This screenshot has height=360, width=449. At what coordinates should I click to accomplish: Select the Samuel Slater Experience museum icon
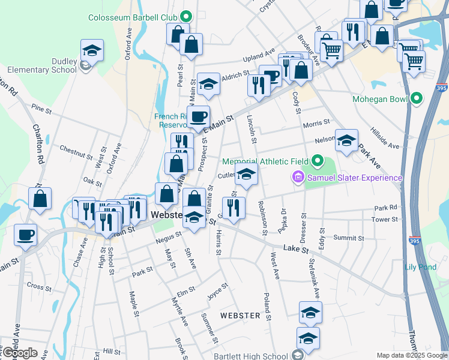pos(297,178)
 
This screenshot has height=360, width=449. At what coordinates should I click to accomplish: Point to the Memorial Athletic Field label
pos(265,161)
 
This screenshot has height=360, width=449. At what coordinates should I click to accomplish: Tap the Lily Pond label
pos(420,267)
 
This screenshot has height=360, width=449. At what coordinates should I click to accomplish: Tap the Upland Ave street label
pos(258,59)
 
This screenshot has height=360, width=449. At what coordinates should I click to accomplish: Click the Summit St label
pos(349,238)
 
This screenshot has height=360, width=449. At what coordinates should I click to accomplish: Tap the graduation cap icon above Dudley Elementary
pos(92,50)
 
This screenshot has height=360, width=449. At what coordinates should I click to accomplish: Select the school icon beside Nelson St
pos(346,140)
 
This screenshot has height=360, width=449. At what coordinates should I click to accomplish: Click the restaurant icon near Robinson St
pos(234,208)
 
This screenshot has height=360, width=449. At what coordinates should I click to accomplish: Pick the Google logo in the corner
pos(20,353)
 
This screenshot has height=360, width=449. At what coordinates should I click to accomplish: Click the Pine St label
pos(41,109)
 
